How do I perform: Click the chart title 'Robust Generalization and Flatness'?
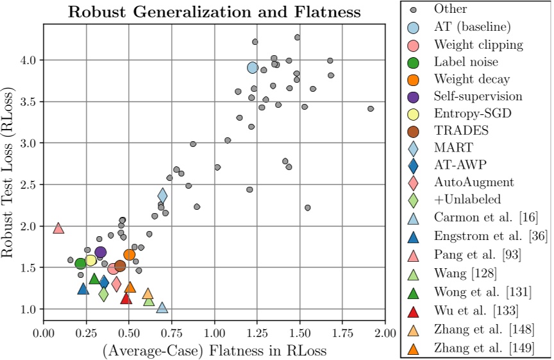(214, 12)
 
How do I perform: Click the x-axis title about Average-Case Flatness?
(214, 350)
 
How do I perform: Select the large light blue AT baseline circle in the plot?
(253, 67)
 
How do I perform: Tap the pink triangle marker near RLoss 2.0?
(58, 228)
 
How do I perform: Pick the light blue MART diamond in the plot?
(163, 195)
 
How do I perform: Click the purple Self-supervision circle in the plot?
(100, 252)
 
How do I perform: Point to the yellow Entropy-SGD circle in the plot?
(90, 260)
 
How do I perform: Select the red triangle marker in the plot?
(126, 298)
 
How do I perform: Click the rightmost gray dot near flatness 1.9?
(371, 108)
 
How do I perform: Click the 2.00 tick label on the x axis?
(385, 334)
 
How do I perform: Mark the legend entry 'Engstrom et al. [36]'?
(491, 236)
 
